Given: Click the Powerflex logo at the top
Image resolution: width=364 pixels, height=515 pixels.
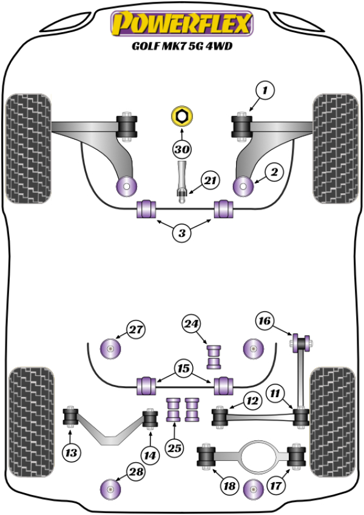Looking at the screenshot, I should (x=180, y=24).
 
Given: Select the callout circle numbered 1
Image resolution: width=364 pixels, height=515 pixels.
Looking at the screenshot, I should (x=265, y=91).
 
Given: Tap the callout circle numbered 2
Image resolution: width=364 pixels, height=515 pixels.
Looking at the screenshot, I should (x=274, y=173).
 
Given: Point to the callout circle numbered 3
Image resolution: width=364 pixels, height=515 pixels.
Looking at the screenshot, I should (x=181, y=232).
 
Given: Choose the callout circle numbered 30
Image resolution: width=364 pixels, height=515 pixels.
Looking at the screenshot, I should (x=181, y=149).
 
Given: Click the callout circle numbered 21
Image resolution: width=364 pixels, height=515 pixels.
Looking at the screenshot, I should (x=210, y=180).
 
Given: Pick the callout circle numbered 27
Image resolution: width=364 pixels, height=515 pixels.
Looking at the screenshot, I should (x=136, y=330).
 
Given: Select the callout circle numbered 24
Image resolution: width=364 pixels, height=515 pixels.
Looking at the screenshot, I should (x=192, y=324).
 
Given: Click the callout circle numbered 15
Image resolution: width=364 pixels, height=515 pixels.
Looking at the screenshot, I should (x=183, y=368).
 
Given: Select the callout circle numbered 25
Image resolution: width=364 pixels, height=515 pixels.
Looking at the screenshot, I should (x=175, y=449).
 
